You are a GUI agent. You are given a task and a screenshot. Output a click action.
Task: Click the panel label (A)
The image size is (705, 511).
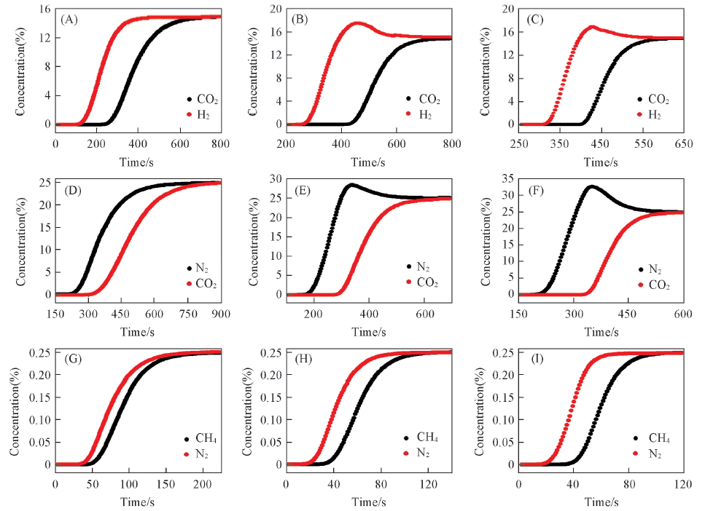point(71,20)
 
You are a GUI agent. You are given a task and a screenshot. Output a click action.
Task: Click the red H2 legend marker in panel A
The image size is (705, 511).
point(189,114)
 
